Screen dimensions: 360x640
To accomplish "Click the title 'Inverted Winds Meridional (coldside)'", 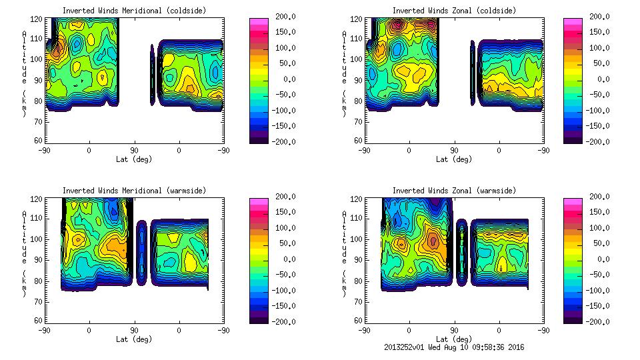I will click(x=134, y=11).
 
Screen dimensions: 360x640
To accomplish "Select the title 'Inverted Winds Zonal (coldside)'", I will click(x=454, y=11).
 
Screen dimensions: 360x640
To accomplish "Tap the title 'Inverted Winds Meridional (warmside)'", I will click(x=134, y=191).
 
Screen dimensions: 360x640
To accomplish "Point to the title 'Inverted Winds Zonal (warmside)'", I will click(x=454, y=191).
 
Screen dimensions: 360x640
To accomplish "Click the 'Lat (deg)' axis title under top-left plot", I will click(x=134, y=159).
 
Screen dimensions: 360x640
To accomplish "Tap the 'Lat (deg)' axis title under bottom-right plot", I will click(x=454, y=339).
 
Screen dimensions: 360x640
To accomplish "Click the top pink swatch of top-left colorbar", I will click(x=258, y=21).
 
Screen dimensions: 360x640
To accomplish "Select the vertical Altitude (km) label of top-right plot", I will click(x=345, y=73).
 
